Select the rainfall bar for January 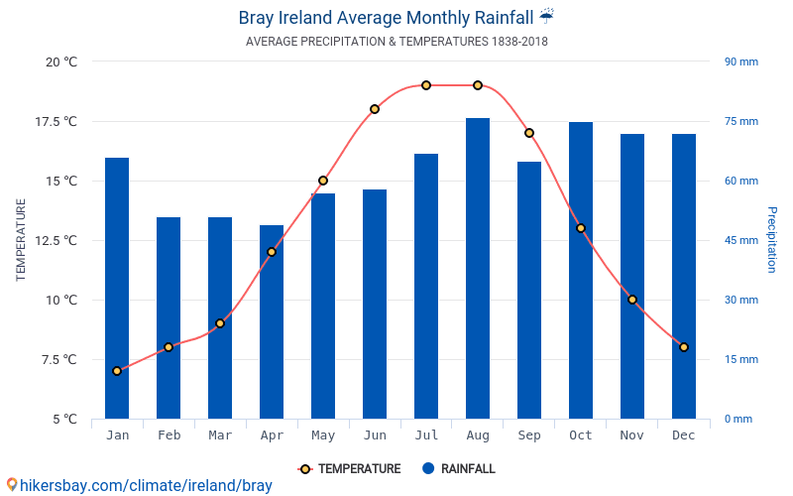(x=117, y=288)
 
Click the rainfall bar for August (x=478, y=268)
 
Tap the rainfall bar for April (x=272, y=321)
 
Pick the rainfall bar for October (x=581, y=270)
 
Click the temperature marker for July (x=426, y=85)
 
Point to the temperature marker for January (x=117, y=371)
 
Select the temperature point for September (x=529, y=133)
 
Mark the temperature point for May (x=323, y=181)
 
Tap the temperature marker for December (x=684, y=347)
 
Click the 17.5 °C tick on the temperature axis (x=57, y=121)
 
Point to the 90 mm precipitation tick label (x=740, y=62)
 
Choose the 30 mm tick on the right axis (x=740, y=300)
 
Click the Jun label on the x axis (x=375, y=435)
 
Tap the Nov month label (x=632, y=435)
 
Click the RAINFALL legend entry (x=458, y=469)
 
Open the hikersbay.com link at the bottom (x=139, y=485)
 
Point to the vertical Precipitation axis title (x=772, y=240)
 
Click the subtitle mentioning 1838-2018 (x=396, y=42)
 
